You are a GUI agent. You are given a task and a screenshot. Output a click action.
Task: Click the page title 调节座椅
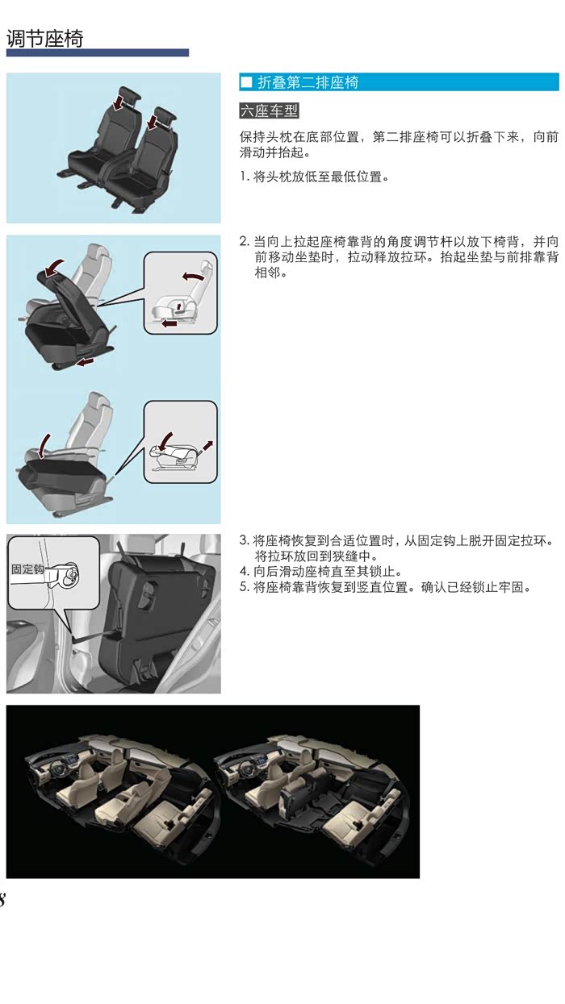click(x=45, y=39)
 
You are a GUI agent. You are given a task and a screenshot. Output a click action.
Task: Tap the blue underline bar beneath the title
click(x=98, y=53)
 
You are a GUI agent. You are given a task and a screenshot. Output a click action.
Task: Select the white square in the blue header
click(x=246, y=82)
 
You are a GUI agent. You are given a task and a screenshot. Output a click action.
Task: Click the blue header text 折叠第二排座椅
click(x=308, y=82)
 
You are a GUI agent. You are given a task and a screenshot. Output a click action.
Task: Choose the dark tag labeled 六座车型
click(x=269, y=110)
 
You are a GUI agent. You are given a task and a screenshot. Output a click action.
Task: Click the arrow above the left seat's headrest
click(x=119, y=101)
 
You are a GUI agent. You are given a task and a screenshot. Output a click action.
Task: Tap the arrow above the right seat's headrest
click(x=153, y=121)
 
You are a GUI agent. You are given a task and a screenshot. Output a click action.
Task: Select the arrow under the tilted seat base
click(x=86, y=361)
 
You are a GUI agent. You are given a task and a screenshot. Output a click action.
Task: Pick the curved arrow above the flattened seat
click(x=44, y=445)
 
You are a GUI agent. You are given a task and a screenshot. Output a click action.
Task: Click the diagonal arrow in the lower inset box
click(x=207, y=445)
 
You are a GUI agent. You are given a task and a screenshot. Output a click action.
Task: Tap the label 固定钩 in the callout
click(x=27, y=569)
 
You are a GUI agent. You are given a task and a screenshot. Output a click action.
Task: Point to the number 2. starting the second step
click(x=244, y=242)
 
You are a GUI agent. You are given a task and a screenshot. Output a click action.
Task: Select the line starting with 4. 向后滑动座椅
click(x=321, y=572)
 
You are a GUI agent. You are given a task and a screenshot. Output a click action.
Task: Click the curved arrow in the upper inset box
click(x=193, y=276)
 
